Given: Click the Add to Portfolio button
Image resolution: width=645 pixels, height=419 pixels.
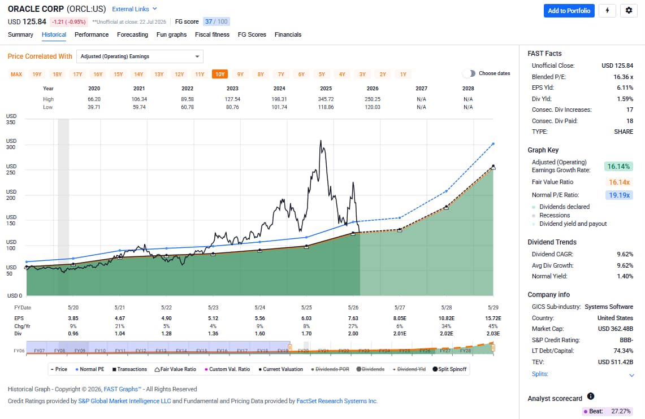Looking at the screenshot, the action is pos(569,11).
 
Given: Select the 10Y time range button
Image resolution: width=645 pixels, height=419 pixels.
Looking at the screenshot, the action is pos(220,74).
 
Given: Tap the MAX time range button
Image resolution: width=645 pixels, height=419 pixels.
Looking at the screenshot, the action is pos(16,74).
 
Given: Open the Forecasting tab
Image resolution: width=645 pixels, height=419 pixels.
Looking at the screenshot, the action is pos(132,34).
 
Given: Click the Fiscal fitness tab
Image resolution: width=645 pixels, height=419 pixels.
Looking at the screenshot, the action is pos(212,34).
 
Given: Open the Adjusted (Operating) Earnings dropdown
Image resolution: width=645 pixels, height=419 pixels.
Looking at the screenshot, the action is pos(140,56).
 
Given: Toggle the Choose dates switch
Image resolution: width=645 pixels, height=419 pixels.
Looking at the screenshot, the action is pos(469,73).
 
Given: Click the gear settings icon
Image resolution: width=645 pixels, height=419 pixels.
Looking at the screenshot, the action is pos(629,11).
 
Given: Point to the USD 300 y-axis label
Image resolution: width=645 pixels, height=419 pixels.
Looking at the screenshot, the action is pos(11,144).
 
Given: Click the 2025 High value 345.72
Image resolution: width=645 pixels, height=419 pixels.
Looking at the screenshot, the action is pos(326,99).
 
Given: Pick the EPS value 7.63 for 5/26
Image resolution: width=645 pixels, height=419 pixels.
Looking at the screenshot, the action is pos(353,318).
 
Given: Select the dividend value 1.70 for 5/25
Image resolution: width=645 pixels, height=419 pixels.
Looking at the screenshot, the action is pos(306,334).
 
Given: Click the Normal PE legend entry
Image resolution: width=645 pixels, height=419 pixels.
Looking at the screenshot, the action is pos(90,369).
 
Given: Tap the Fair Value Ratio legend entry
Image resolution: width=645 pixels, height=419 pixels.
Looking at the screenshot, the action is pos(175,369).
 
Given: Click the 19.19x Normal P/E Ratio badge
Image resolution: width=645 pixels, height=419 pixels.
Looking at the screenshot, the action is pos(619,195).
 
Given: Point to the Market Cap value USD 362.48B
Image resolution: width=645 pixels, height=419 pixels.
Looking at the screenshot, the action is pos(616,329).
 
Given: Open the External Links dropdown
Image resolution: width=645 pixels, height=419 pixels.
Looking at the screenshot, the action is pos(135,9).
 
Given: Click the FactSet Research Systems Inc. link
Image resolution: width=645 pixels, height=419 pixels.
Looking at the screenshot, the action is pos(337,401).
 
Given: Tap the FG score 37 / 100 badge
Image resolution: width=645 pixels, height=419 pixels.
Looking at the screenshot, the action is pos(217,21).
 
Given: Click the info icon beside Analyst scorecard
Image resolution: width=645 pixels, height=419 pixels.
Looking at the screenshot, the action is pos(591,396).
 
